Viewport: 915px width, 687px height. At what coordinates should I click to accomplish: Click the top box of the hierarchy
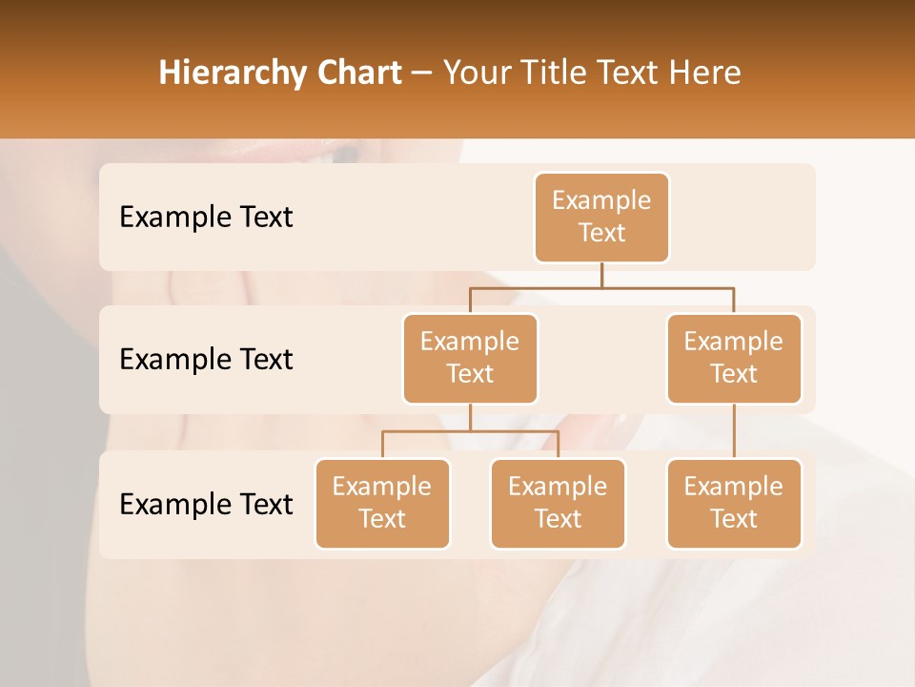601,217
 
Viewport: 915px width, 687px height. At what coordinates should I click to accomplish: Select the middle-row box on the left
470,358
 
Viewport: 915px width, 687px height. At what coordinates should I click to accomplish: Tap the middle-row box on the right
734,358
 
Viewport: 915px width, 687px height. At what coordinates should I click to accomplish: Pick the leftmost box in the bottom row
382,503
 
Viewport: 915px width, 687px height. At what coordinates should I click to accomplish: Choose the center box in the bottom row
558,503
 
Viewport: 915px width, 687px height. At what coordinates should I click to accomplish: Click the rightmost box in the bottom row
734,503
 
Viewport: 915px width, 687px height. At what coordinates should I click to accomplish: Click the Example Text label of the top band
206,218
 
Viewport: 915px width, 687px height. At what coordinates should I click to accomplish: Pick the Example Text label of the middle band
206,360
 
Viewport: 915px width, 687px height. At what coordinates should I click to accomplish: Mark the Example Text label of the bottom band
206,505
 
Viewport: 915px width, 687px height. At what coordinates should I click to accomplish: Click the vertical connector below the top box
601,275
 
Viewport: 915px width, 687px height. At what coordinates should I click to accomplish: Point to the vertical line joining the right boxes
734,431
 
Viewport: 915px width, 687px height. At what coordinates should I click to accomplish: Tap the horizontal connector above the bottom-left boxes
470,431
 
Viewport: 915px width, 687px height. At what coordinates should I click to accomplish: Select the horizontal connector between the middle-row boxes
601,287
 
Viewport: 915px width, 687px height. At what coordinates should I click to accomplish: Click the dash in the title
422,73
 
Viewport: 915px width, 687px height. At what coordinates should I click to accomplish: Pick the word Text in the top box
601,233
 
